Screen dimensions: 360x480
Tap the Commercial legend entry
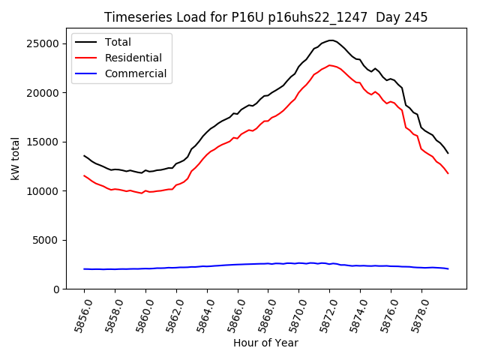[x=136, y=73]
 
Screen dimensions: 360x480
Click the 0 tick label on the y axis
[x=55, y=289]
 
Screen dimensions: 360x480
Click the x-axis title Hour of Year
[x=265, y=343]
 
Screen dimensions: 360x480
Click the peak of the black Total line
[x=331, y=40]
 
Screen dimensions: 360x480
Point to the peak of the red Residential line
[x=330, y=65]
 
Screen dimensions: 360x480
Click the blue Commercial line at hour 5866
[x=238, y=264]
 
